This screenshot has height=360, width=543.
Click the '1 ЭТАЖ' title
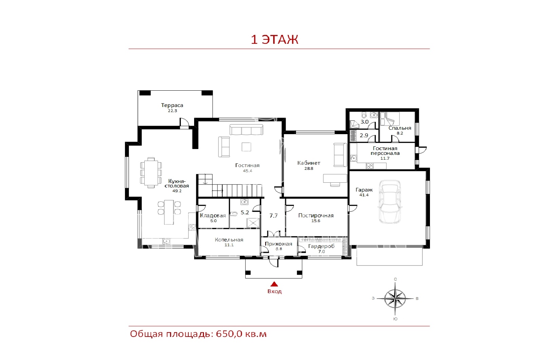[274, 39]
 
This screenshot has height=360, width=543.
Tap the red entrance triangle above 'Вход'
[274, 284]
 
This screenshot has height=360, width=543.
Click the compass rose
[395, 299]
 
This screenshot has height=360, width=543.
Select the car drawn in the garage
[390, 202]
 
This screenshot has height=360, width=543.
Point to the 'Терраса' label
[172, 105]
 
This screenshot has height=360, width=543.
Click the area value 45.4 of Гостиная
[247, 171]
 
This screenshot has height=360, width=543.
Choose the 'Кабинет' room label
[308, 163]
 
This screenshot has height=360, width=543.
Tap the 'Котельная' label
[229, 240]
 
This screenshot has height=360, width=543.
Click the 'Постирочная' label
[316, 215]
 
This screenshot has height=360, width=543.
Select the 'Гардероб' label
[321, 246]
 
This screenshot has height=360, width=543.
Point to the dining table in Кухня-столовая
[151, 173]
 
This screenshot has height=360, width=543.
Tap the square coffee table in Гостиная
[246, 147]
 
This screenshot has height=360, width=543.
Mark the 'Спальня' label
[400, 128]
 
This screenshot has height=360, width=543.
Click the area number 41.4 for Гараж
[364, 195]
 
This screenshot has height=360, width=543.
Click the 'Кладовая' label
[212, 215]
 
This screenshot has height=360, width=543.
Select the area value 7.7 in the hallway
[274, 216]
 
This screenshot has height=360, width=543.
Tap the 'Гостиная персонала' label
[385, 151]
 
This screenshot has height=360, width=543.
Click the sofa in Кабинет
[340, 155]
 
